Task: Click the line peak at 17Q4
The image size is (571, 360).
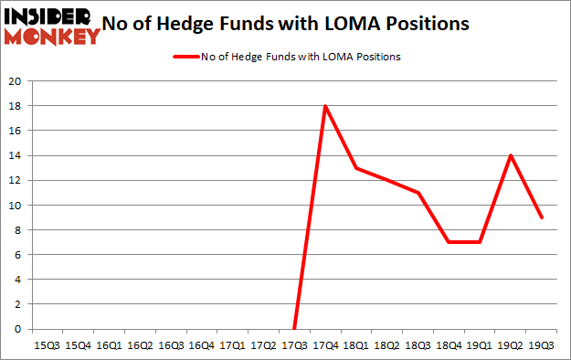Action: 325,106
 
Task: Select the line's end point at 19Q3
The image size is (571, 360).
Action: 543,217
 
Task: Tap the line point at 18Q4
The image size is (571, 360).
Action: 449,242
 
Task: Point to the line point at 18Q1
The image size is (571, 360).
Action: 356,168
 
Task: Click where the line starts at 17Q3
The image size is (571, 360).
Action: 294,329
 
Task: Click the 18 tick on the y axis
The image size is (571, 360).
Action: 15,106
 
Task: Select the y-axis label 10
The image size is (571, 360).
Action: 15,206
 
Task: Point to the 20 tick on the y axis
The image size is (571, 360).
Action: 15,81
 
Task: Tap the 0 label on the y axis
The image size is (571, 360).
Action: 17,329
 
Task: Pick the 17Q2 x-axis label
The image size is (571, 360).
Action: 263,345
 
